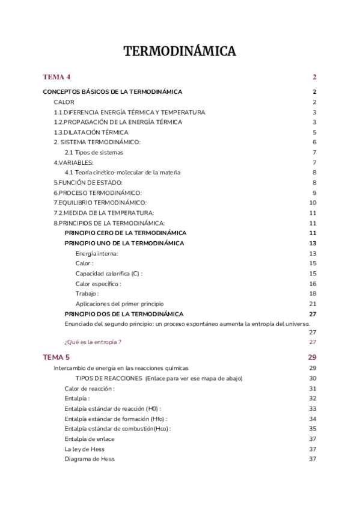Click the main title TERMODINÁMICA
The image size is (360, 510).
(x=180, y=52)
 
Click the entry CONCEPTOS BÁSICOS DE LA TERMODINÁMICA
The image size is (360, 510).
(x=112, y=92)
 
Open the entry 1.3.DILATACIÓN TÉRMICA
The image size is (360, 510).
(x=91, y=132)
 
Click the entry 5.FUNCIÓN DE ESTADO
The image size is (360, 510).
(x=88, y=182)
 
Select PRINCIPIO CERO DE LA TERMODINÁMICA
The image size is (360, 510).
(x=125, y=233)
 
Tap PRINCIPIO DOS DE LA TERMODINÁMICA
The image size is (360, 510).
(x=124, y=314)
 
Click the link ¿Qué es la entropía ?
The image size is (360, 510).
(x=93, y=342)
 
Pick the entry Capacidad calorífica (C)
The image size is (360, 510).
(x=109, y=273)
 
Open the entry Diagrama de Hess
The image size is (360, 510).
(x=90, y=459)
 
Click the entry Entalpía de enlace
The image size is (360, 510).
(x=90, y=439)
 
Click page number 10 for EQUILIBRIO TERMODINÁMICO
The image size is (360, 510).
(x=313, y=203)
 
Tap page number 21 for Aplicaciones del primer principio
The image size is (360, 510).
(x=313, y=304)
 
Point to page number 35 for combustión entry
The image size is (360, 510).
(x=313, y=429)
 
